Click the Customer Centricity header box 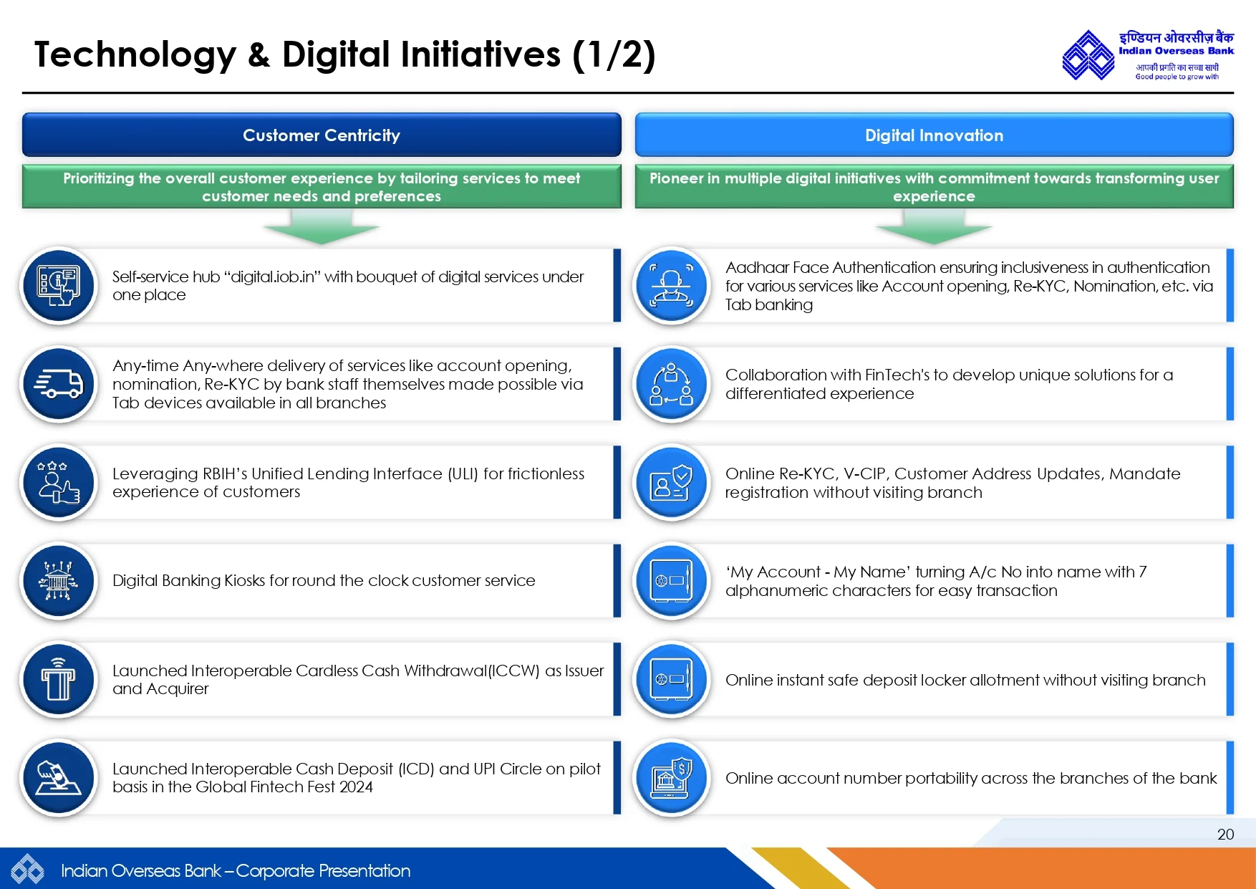tap(322, 135)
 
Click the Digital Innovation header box tap(934, 135)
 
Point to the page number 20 tap(1225, 834)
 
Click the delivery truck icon tap(59, 384)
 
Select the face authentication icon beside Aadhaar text tap(672, 286)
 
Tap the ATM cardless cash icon tap(59, 679)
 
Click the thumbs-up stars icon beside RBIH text tap(59, 482)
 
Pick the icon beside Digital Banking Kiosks tap(59, 580)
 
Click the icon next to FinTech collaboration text tap(672, 384)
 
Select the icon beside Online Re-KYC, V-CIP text tap(672, 482)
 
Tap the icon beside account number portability tap(672, 777)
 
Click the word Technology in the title tap(135, 56)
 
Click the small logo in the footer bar tap(28, 870)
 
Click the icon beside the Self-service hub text tap(59, 286)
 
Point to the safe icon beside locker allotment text tap(672, 679)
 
